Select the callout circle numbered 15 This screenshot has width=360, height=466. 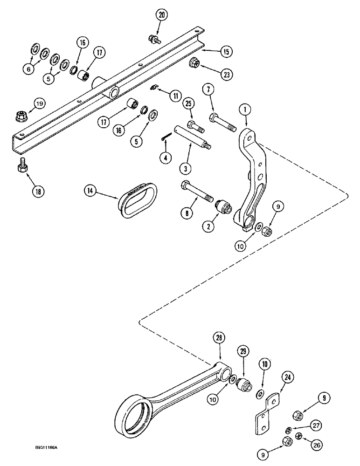click(x=225, y=52)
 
